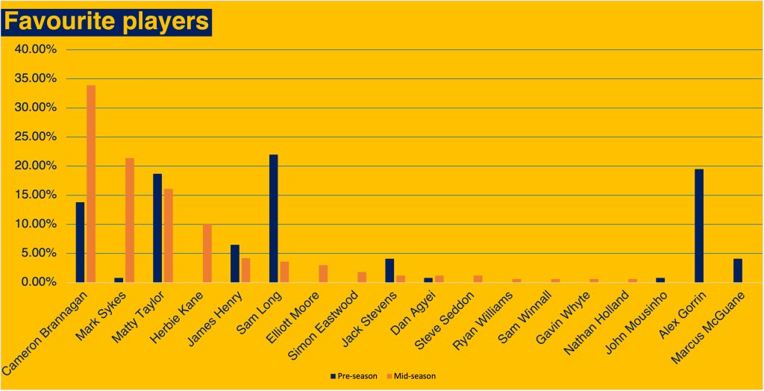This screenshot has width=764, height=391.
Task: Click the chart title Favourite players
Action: [x=107, y=22]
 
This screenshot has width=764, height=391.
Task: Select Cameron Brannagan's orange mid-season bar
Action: [x=91, y=184]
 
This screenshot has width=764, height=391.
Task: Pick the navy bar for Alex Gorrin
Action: [x=698, y=225]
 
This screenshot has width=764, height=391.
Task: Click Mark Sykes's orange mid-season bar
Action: [x=130, y=220]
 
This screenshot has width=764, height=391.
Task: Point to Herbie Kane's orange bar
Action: [x=207, y=253]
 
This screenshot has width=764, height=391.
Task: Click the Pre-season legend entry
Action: [x=353, y=376]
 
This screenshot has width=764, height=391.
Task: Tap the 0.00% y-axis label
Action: [x=39, y=283]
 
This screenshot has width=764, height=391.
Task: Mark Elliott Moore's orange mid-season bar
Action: [x=323, y=273]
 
